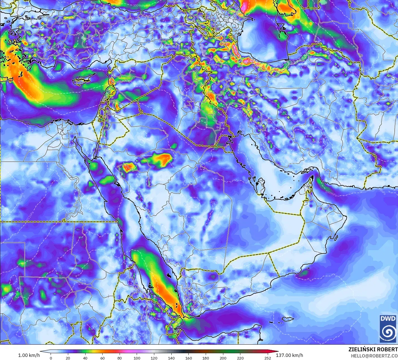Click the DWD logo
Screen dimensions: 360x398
click(x=388, y=329)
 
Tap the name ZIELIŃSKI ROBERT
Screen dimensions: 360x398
click(x=373, y=349)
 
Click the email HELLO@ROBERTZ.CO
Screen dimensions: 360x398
click(x=374, y=356)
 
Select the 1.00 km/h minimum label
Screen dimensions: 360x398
click(x=29, y=355)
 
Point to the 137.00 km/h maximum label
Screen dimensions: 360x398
click(x=290, y=355)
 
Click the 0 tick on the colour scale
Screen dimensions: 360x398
click(x=51, y=358)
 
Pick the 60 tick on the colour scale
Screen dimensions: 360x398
click(x=102, y=358)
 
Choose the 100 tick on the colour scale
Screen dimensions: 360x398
click(x=137, y=358)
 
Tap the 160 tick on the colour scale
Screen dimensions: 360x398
click(x=189, y=358)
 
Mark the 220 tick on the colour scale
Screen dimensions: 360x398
click(x=240, y=358)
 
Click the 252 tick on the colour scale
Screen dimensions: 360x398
click(x=268, y=358)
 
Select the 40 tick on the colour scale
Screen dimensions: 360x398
click(x=85, y=358)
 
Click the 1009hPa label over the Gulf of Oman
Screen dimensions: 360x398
click(x=331, y=193)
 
